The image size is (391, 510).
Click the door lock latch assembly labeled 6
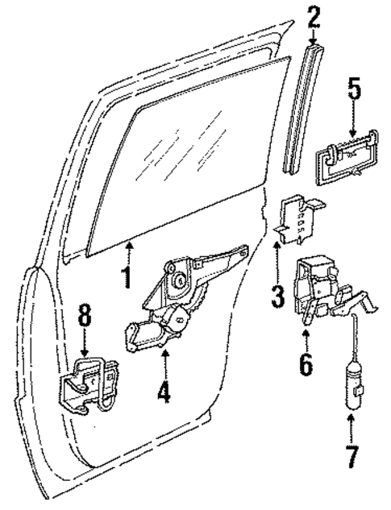coord(327,291)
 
